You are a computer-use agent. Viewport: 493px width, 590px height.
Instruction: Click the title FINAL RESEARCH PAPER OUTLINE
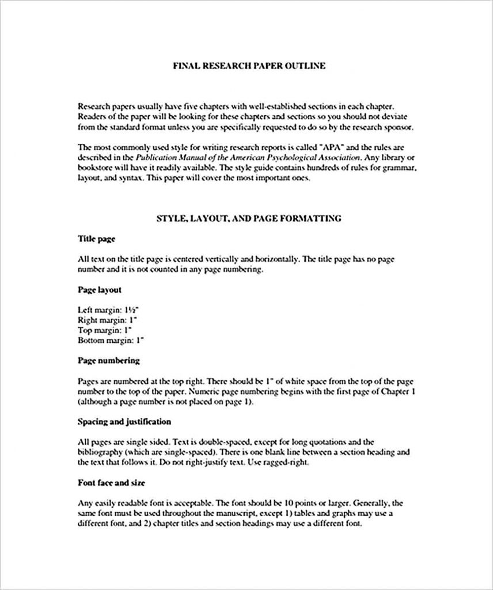(x=249, y=66)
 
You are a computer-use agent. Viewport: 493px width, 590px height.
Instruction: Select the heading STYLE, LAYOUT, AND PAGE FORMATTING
(x=249, y=218)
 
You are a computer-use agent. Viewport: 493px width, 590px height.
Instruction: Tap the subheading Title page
(x=97, y=239)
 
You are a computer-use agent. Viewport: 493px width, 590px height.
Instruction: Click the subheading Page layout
(x=99, y=290)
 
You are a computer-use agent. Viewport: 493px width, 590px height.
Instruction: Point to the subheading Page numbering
(x=109, y=361)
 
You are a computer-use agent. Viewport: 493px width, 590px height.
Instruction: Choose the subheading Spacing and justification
(x=124, y=422)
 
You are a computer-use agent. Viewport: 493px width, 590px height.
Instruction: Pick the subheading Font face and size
(x=111, y=482)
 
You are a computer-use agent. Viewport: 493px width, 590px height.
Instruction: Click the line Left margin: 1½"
(x=107, y=310)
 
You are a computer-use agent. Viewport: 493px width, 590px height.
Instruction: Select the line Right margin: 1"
(x=108, y=320)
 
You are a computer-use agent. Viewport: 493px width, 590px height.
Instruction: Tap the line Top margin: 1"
(x=105, y=331)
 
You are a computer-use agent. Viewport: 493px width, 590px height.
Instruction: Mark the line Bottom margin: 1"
(x=111, y=341)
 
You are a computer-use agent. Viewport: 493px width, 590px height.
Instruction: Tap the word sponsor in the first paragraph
(x=397, y=127)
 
